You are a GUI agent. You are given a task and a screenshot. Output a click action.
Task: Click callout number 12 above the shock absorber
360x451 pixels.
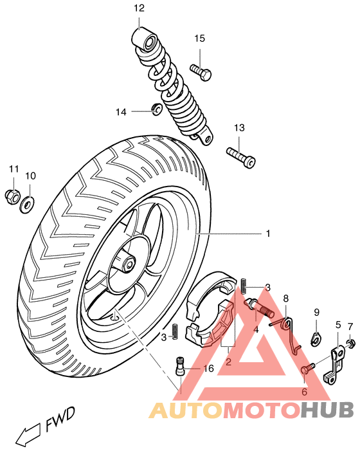(x=139, y=8)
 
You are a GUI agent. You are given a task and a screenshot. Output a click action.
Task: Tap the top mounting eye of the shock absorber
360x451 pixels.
(x=147, y=44)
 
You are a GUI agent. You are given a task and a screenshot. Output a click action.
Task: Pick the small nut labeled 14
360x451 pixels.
(x=156, y=109)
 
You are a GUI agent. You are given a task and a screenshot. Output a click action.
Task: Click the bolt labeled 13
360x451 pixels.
(x=241, y=155)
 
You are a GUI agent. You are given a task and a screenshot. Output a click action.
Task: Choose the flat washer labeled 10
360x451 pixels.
(x=28, y=205)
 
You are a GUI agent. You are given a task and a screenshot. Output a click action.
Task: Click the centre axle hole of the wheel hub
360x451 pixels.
(x=129, y=263)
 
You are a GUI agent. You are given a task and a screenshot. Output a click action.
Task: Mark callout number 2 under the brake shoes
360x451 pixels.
(x=228, y=362)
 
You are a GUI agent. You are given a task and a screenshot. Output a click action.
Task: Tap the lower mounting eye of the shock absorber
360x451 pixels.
(x=204, y=136)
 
